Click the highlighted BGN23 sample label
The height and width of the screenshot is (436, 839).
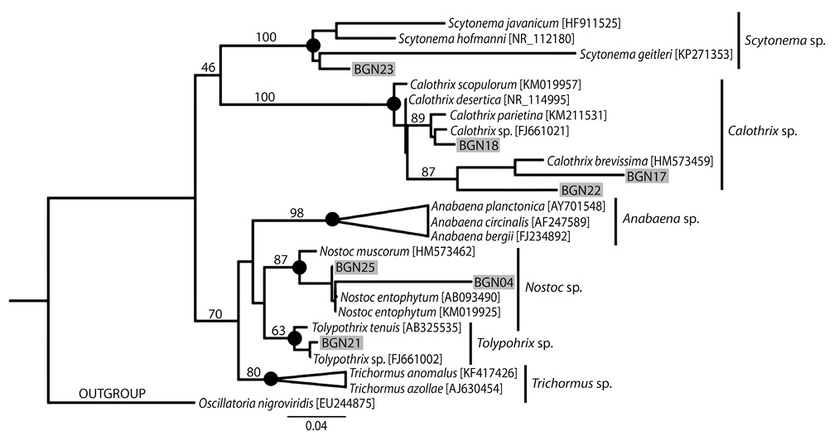[x=373, y=70]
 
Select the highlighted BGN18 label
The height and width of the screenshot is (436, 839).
[x=478, y=145]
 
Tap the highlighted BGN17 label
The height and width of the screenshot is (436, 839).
[x=647, y=175]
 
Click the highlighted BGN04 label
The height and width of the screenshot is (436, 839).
[x=494, y=282]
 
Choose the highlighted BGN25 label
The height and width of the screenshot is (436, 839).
[x=355, y=267]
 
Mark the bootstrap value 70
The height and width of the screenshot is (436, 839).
[x=215, y=313]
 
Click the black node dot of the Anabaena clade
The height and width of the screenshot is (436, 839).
[x=333, y=220]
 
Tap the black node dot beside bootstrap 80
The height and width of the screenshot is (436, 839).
[x=270, y=380]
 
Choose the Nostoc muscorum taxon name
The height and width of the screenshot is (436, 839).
[x=358, y=249]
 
